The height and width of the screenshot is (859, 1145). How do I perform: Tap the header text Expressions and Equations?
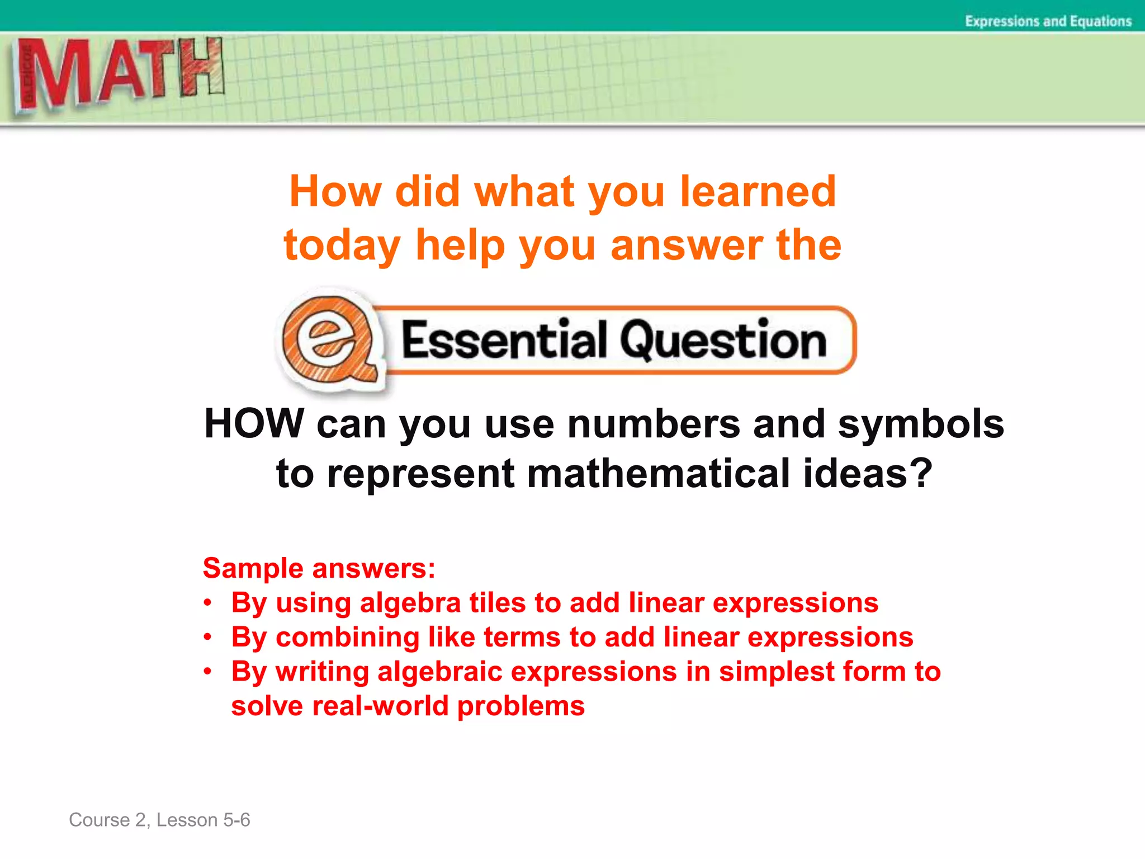(x=1048, y=21)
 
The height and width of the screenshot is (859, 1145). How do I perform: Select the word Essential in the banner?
(x=503, y=340)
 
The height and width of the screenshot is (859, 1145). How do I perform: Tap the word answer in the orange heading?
(x=687, y=246)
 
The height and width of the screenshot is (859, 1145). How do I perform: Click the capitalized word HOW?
(x=254, y=423)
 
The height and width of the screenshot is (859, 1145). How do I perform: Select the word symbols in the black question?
(x=921, y=423)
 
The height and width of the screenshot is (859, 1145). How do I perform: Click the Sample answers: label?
(x=319, y=568)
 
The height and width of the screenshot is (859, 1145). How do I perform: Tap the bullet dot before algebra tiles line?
(x=207, y=603)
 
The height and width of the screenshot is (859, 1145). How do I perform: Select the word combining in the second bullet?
(x=347, y=637)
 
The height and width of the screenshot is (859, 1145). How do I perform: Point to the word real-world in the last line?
(x=380, y=706)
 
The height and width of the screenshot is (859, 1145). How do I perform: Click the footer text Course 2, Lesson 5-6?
(x=159, y=820)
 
